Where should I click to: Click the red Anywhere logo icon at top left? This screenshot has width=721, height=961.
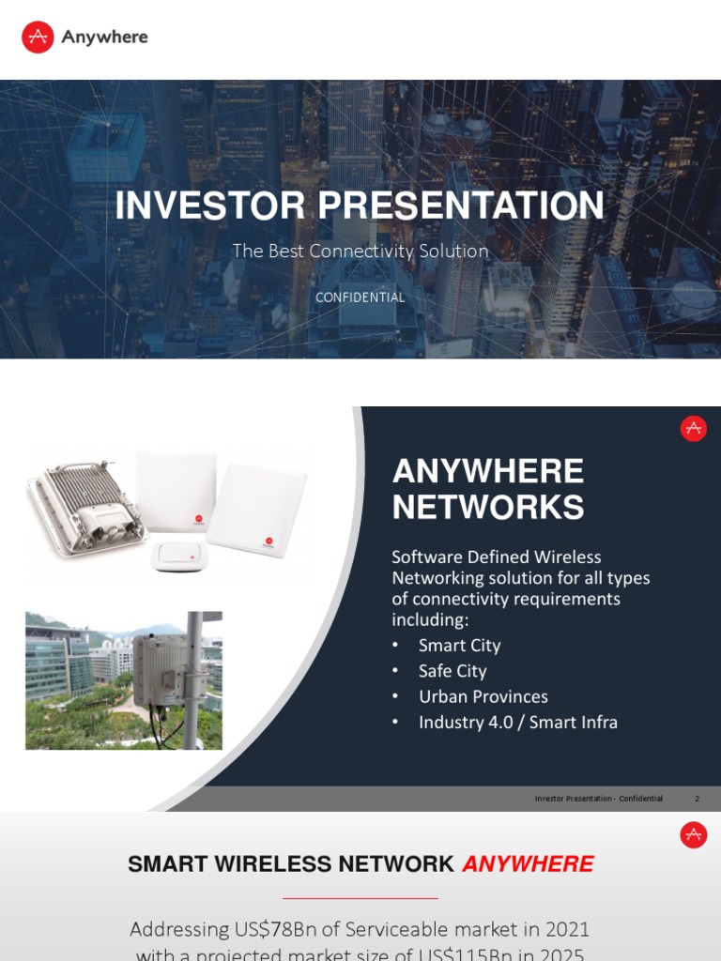[x=38, y=37]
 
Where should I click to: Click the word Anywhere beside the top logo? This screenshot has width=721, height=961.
[x=104, y=37]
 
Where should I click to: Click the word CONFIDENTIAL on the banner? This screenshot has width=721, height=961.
[x=360, y=297]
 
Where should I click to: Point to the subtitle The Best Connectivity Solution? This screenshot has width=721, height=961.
[x=360, y=251]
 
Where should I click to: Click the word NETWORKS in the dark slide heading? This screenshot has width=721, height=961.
[x=487, y=508]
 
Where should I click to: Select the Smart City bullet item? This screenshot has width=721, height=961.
[x=459, y=646]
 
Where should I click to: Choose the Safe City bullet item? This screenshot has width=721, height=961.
[x=453, y=671]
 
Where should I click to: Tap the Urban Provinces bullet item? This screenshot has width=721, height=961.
[x=483, y=696]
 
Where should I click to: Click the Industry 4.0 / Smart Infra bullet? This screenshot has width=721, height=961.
[x=517, y=723]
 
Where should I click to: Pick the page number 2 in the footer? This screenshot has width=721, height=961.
[x=697, y=799]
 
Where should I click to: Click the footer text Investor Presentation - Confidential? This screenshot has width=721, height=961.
[x=598, y=799]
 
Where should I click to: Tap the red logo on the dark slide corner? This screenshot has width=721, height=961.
[x=693, y=429]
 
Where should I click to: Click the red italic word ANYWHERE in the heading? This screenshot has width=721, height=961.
[x=528, y=864]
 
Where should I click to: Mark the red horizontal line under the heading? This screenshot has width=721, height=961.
[x=360, y=898]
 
